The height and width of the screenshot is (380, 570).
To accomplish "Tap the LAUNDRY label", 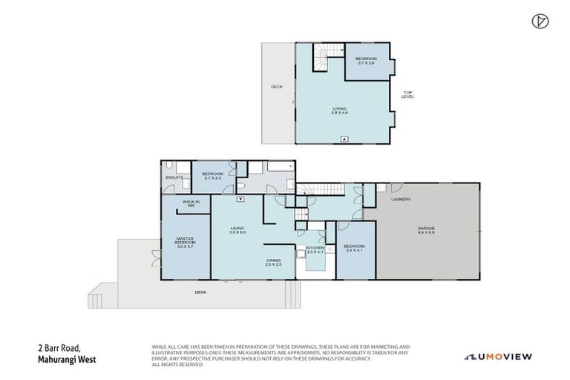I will pyautogui.click(x=402, y=200).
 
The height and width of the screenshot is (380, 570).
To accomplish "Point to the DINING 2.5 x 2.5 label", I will pyautogui.click(x=274, y=262).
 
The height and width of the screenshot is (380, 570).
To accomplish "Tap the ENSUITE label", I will pyautogui.click(x=174, y=177).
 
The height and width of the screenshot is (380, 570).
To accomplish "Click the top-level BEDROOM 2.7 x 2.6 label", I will pyautogui.click(x=366, y=60).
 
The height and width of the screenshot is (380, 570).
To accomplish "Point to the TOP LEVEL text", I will pyautogui.click(x=407, y=94).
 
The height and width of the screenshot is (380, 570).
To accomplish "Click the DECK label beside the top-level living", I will pyautogui.click(x=276, y=87).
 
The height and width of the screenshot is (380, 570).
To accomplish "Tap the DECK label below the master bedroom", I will pyautogui.click(x=200, y=292).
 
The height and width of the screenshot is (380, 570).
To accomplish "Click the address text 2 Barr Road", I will pyautogui.click(x=59, y=348).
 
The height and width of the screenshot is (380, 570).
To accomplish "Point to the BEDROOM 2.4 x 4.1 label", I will pyautogui.click(x=354, y=248).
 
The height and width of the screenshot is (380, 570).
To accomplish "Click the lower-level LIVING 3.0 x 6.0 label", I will pyautogui.click(x=237, y=230).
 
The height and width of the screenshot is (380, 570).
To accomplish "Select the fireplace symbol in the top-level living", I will pyautogui.click(x=344, y=139).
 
